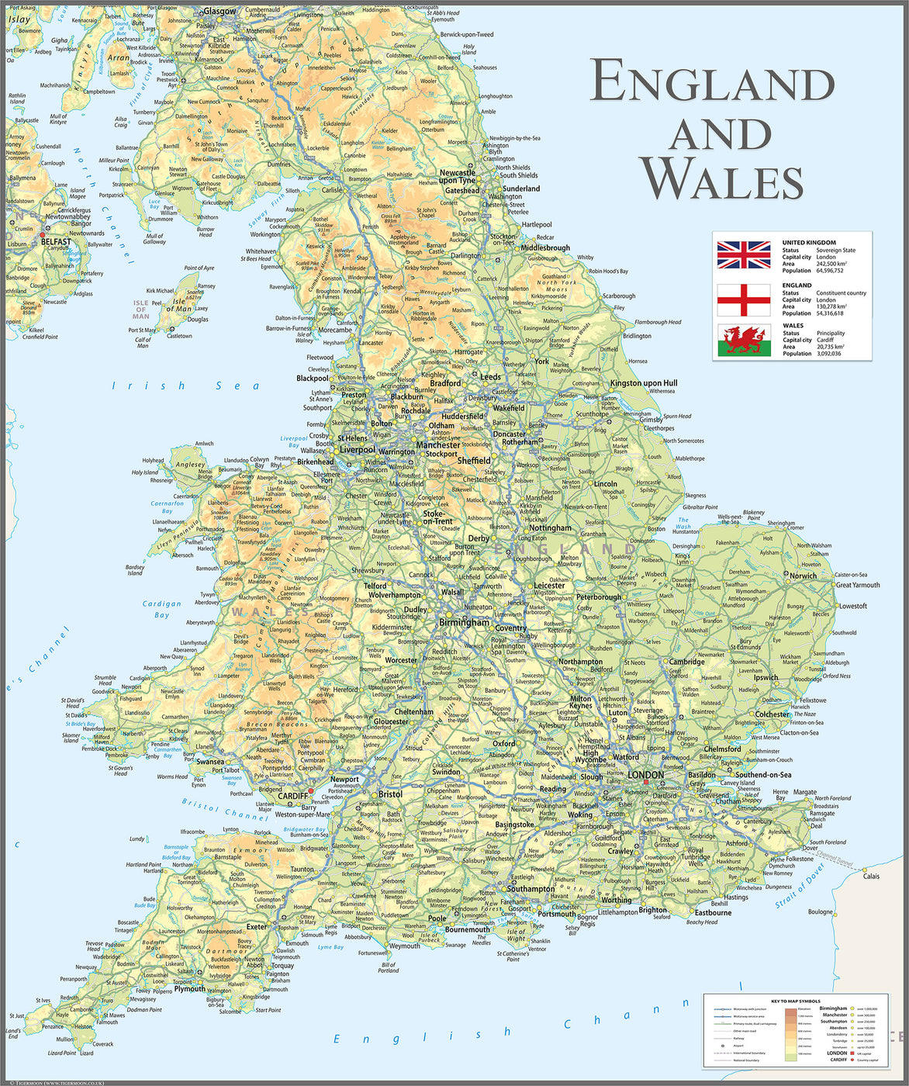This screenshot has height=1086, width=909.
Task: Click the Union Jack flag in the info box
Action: (x=743, y=255)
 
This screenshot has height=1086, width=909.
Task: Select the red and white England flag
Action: (x=743, y=299)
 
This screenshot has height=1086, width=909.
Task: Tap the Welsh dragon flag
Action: (x=743, y=341)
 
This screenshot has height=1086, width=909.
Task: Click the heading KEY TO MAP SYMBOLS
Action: (x=794, y=1001)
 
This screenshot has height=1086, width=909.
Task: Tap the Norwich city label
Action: (x=803, y=576)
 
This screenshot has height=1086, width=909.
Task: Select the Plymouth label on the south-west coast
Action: (x=189, y=989)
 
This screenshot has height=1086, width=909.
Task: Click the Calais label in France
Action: (x=871, y=877)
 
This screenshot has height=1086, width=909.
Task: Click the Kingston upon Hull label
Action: (x=643, y=382)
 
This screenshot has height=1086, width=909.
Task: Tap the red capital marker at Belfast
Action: (x=43, y=234)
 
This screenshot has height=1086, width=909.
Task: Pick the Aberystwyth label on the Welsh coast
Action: (x=200, y=622)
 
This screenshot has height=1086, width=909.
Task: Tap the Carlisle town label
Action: (x=331, y=189)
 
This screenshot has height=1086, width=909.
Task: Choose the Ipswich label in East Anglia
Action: (x=766, y=676)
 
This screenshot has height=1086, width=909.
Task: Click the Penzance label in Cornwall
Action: (x=53, y=1026)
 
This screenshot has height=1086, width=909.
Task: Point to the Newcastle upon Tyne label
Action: (x=458, y=177)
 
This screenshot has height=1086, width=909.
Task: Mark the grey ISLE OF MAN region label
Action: (x=140, y=310)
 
